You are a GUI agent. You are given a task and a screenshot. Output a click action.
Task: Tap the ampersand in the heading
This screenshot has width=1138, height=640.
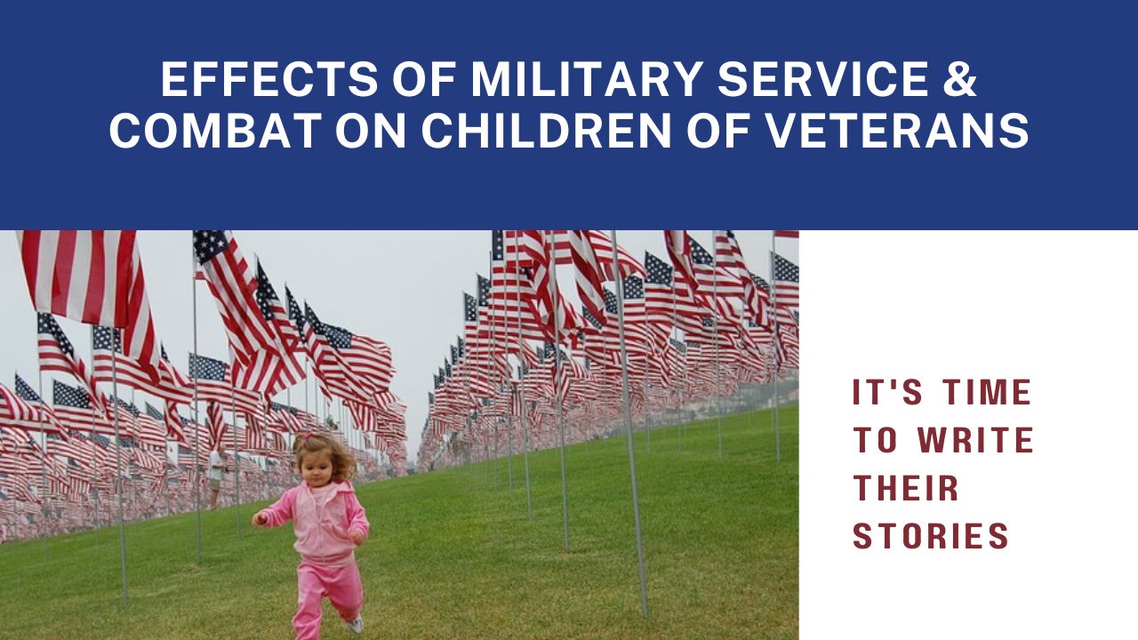tap(960, 79)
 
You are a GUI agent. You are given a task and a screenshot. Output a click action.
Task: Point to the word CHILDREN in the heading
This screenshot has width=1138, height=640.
tap(547, 131)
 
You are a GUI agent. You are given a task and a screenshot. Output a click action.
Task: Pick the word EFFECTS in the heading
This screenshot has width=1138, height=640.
tap(269, 79)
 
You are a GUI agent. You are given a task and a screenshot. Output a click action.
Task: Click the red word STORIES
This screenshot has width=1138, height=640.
tap(931, 536)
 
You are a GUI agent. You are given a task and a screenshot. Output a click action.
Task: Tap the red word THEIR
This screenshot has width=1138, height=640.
tap(905, 488)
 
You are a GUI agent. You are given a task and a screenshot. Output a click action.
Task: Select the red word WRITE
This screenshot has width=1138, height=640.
tap(975, 440)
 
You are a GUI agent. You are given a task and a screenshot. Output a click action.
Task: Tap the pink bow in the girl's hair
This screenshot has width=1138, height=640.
tap(306, 436)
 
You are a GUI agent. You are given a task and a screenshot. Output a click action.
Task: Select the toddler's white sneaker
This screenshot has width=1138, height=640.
tap(355, 624)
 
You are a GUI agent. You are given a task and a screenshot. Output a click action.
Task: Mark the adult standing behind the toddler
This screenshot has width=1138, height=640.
tap(218, 475)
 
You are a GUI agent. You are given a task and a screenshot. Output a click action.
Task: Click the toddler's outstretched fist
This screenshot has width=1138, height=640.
tap(260, 518)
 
